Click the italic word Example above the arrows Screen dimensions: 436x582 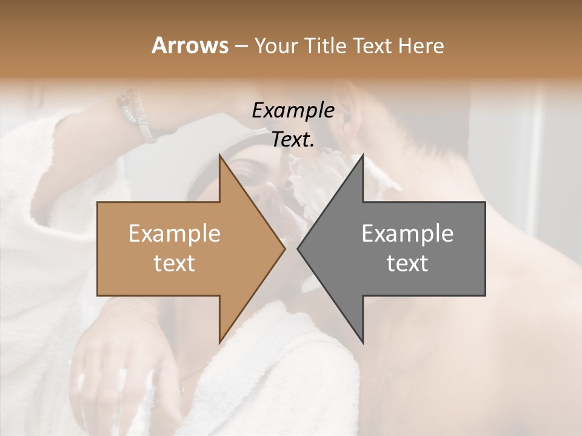point(293,111)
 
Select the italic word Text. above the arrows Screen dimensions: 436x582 point(293,139)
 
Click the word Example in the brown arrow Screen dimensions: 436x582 point(175,234)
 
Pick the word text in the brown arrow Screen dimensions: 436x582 point(175,263)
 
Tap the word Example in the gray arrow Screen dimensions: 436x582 point(407,234)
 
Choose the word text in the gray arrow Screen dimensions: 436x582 point(407,263)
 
